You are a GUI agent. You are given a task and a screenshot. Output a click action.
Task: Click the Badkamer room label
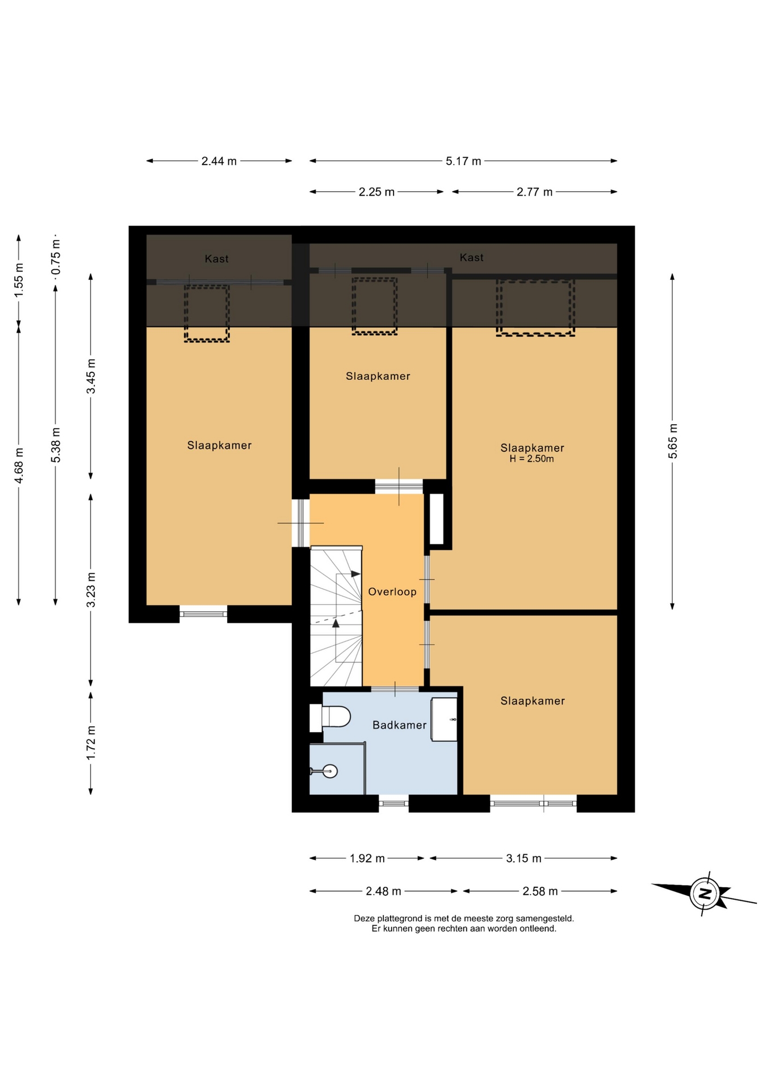[399, 725]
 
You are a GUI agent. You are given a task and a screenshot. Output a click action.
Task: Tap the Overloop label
[392, 592]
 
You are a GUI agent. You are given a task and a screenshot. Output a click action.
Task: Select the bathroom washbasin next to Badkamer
[444, 719]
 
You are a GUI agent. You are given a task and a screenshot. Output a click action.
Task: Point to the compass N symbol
[705, 893]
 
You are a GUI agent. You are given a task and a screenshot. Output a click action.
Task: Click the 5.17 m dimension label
[463, 161]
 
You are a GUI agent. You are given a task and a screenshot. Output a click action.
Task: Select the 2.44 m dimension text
[219, 161]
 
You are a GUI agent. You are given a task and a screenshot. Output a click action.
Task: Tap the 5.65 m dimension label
[673, 441]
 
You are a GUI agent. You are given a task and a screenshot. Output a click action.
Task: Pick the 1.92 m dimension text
[367, 858]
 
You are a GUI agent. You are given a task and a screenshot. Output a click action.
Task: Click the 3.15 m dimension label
[523, 858]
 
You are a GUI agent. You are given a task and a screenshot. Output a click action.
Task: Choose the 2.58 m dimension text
[540, 891]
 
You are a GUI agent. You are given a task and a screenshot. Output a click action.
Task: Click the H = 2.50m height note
[531, 459]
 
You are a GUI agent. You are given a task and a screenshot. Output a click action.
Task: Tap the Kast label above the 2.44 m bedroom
[217, 259]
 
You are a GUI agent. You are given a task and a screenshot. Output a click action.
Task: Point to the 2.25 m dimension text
[376, 192]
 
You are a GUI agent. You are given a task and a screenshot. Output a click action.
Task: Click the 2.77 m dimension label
[534, 192]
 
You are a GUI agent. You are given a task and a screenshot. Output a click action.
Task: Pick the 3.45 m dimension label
[91, 376]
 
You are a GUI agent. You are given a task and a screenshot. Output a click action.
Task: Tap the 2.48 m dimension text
[383, 891]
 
